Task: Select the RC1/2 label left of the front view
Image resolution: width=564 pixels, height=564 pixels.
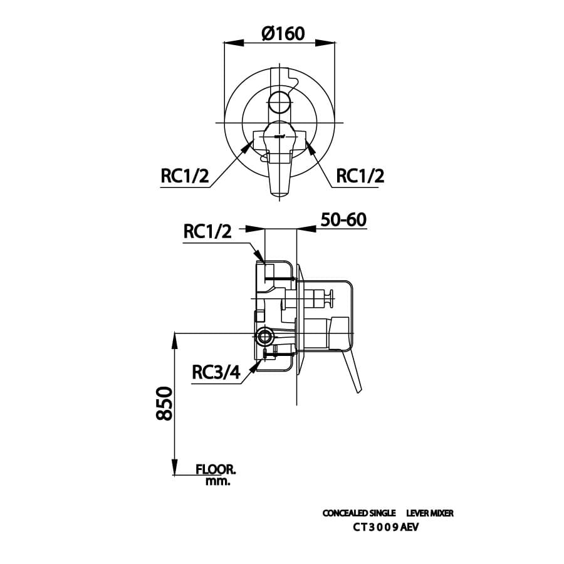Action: [184, 176]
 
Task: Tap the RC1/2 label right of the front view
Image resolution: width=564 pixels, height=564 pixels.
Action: [360, 176]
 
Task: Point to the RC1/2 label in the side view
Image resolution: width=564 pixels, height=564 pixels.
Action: [207, 231]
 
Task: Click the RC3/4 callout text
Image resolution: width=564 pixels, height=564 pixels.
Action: [216, 373]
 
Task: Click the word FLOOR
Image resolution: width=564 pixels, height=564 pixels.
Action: [216, 469]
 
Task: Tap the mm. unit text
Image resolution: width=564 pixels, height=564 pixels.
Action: [217, 482]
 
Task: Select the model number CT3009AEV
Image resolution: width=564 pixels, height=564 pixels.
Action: [385, 527]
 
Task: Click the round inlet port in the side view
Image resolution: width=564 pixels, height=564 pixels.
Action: [264, 337]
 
